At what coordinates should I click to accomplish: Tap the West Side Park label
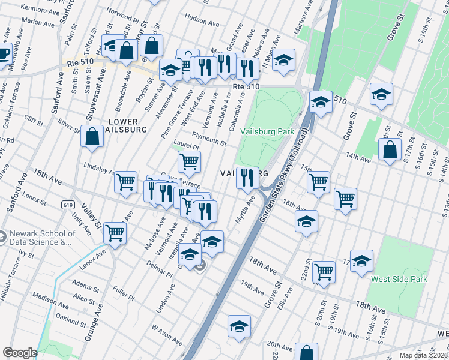pos(399,279)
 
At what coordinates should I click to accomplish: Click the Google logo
pos(20,353)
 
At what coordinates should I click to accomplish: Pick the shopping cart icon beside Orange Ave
pos(114,233)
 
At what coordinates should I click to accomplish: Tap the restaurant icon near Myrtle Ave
pos(247,178)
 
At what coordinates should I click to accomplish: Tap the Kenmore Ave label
pos(40,10)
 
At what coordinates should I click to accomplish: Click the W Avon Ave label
pos(167,336)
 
